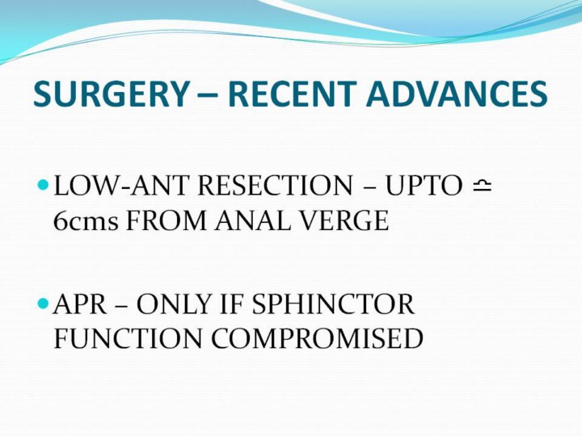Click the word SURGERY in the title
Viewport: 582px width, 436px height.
[112, 94]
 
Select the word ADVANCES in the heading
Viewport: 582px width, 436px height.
[457, 94]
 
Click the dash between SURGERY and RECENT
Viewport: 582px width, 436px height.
[209, 95]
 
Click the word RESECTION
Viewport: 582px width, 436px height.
[275, 186]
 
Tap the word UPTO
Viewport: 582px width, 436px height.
[424, 186]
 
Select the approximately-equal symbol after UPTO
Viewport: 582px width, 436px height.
[482, 185]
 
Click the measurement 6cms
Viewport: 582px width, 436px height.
[86, 220]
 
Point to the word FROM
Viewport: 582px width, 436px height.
[166, 220]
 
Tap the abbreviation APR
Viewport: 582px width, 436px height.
[80, 304]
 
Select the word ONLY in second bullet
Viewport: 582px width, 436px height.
[174, 304]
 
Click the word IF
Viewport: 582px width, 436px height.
[231, 304]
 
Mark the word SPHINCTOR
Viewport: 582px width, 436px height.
[333, 304]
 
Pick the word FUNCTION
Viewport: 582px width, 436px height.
[129, 338]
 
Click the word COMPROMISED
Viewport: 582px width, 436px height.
[318, 338]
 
